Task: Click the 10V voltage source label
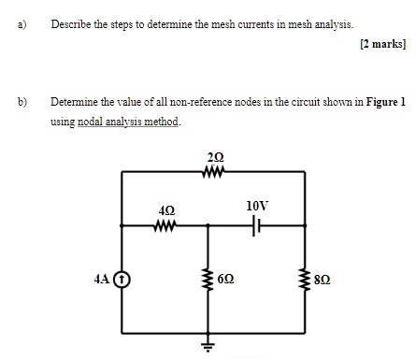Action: [257, 204]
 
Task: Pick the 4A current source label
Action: [104, 278]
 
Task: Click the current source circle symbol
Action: [122, 279]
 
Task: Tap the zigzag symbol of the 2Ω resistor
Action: [214, 171]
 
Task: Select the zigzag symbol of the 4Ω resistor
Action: [165, 225]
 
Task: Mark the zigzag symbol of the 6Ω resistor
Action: [208, 279]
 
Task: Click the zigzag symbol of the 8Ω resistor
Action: [304, 279]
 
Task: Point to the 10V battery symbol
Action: [257, 225]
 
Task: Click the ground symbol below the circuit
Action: [208, 346]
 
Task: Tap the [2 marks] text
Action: [381, 44]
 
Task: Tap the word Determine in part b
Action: [76, 100]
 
